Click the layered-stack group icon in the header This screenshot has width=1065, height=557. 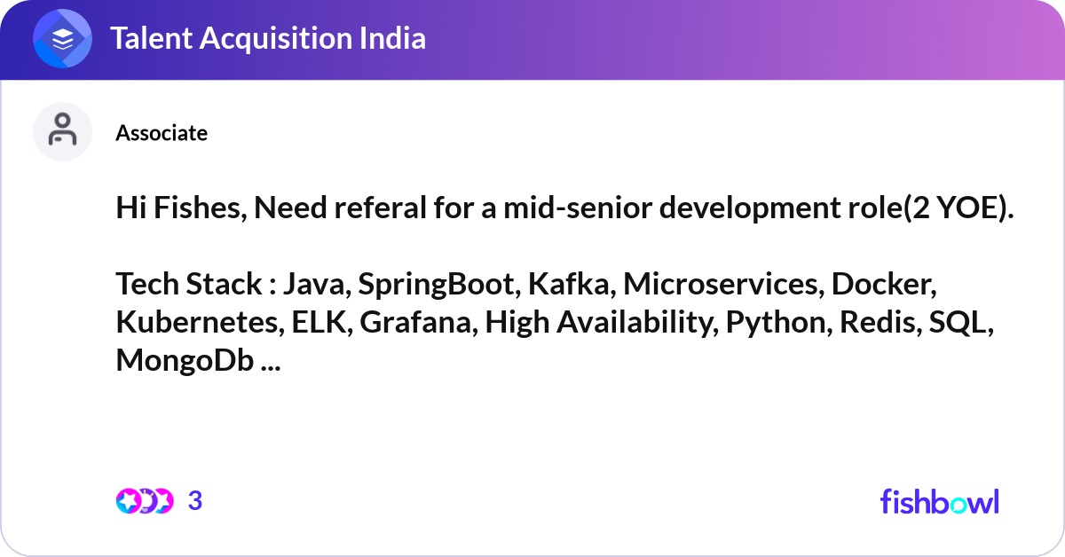(x=62, y=38)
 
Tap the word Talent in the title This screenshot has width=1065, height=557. (x=151, y=38)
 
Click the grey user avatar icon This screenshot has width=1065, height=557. (x=62, y=131)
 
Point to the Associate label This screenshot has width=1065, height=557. (x=162, y=132)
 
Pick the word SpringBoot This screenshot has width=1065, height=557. (x=437, y=285)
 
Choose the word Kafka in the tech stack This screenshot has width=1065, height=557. (x=569, y=284)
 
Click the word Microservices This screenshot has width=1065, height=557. (x=721, y=284)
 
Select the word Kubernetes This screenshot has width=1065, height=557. (x=197, y=322)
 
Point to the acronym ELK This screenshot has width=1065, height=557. (x=319, y=322)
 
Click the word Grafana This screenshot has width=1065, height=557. (x=415, y=322)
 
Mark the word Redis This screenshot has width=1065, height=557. (x=878, y=322)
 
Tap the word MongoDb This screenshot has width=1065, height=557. (x=185, y=361)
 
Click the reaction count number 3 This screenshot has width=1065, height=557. (x=195, y=500)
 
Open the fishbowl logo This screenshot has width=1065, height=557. (x=940, y=501)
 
